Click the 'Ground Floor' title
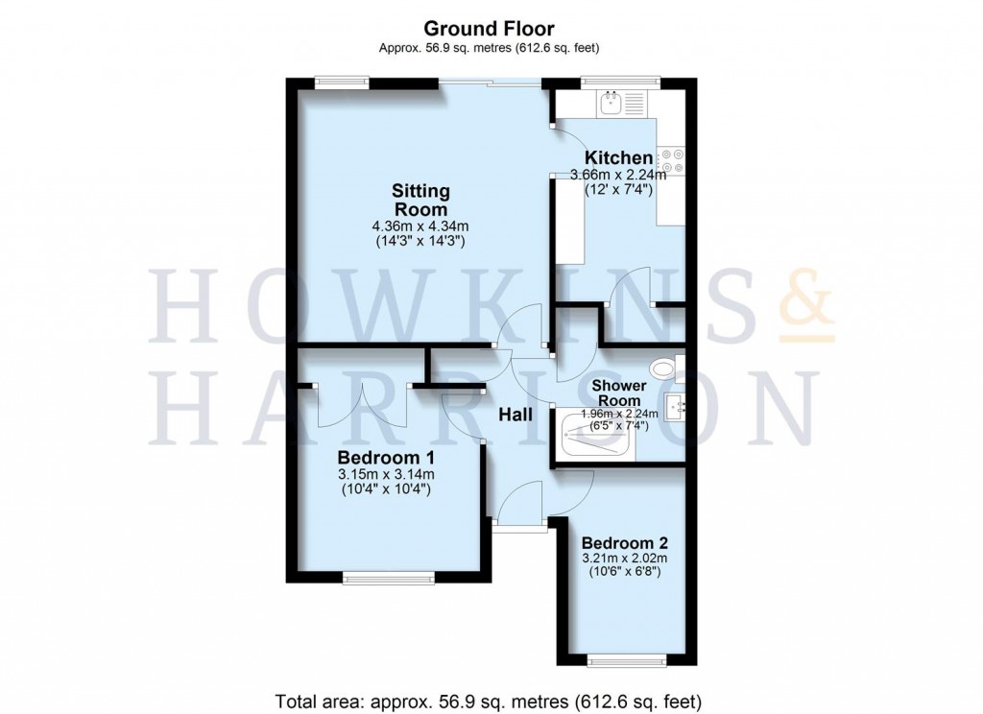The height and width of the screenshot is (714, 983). pyautogui.click(x=491, y=30)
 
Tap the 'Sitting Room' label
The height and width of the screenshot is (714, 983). pyautogui.click(x=420, y=201)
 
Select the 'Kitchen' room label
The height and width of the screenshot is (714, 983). pyautogui.click(x=619, y=157)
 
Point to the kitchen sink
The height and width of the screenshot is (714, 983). pyautogui.click(x=611, y=103)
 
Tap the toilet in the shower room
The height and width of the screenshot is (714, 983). pyautogui.click(x=663, y=368)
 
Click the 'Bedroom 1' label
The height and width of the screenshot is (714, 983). pyautogui.click(x=385, y=457)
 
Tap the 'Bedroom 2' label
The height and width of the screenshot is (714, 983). pyautogui.click(x=623, y=539)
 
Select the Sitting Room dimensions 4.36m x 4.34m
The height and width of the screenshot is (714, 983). pyautogui.click(x=420, y=226)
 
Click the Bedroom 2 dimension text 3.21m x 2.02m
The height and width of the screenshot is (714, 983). pyautogui.click(x=623, y=557)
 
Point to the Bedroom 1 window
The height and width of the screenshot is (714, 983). pyautogui.click(x=389, y=578)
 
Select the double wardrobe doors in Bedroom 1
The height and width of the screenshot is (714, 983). pyautogui.click(x=362, y=405)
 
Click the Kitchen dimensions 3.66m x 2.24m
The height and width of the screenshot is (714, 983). pyautogui.click(x=619, y=175)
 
